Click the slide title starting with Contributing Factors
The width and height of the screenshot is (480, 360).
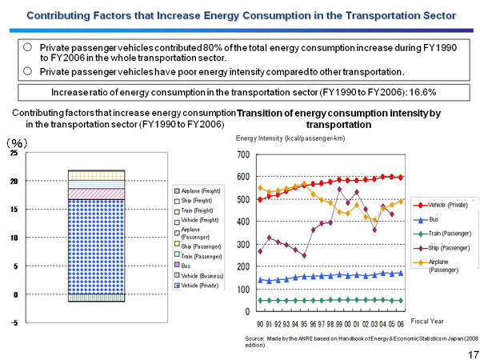[x=240, y=15]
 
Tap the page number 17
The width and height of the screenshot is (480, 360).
[x=471, y=353]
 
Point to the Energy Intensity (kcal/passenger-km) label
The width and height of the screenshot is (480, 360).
[x=290, y=139]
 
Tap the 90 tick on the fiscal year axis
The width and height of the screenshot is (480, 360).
[x=260, y=323]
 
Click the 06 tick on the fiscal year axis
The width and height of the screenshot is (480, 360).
[x=400, y=323]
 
